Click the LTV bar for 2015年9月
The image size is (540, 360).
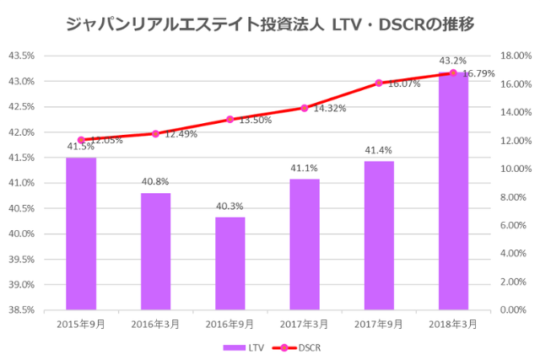coord(81,234)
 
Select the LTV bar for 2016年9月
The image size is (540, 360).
coord(230,263)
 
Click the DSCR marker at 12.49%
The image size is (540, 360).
coord(155,133)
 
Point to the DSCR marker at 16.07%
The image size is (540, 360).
coord(379,83)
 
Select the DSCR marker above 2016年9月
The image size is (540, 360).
coord(230,120)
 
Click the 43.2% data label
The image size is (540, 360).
coord(453,61)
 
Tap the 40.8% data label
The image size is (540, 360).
coord(155,180)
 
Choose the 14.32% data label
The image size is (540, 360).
coord(330,109)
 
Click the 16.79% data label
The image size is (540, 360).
coord(478,74)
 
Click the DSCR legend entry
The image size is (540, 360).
coord(300,347)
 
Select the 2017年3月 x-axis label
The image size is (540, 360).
coord(305,323)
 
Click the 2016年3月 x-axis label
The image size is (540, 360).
coord(155,323)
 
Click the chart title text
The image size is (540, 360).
coord(269,24)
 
